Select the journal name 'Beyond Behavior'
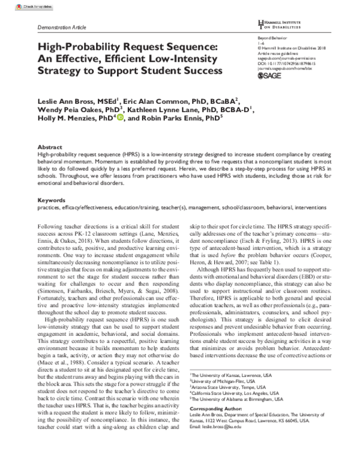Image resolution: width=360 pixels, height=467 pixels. point(270,37)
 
